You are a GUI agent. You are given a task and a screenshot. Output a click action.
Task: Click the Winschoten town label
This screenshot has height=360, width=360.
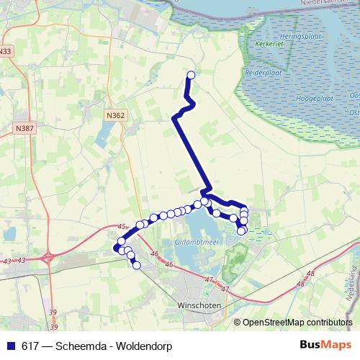(197, 305)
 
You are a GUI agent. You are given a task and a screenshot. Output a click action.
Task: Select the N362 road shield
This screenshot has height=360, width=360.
(114, 114)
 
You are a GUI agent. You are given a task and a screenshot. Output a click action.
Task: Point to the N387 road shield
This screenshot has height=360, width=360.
(24, 128)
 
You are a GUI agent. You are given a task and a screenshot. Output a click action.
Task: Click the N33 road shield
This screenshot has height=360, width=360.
(6, 52)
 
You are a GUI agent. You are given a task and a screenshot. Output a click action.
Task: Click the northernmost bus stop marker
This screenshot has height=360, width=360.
(192, 75)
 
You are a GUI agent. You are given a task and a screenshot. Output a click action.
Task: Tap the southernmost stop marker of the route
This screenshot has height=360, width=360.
(136, 266)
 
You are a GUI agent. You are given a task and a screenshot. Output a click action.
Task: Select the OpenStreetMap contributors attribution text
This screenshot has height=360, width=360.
(298, 323)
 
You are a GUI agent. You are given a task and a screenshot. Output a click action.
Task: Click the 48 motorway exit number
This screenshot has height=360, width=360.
(310, 274)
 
